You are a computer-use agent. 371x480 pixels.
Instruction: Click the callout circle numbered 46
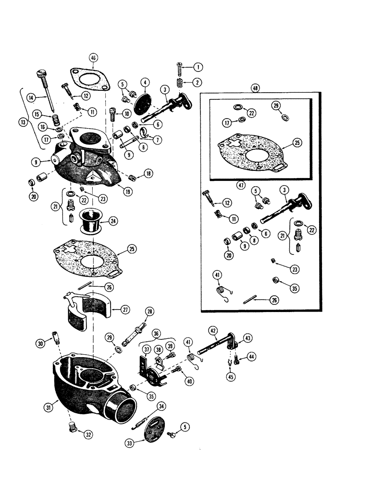(93, 58)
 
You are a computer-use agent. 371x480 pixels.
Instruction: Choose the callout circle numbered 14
(32, 97)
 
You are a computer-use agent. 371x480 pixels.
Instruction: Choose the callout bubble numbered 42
(212, 330)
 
